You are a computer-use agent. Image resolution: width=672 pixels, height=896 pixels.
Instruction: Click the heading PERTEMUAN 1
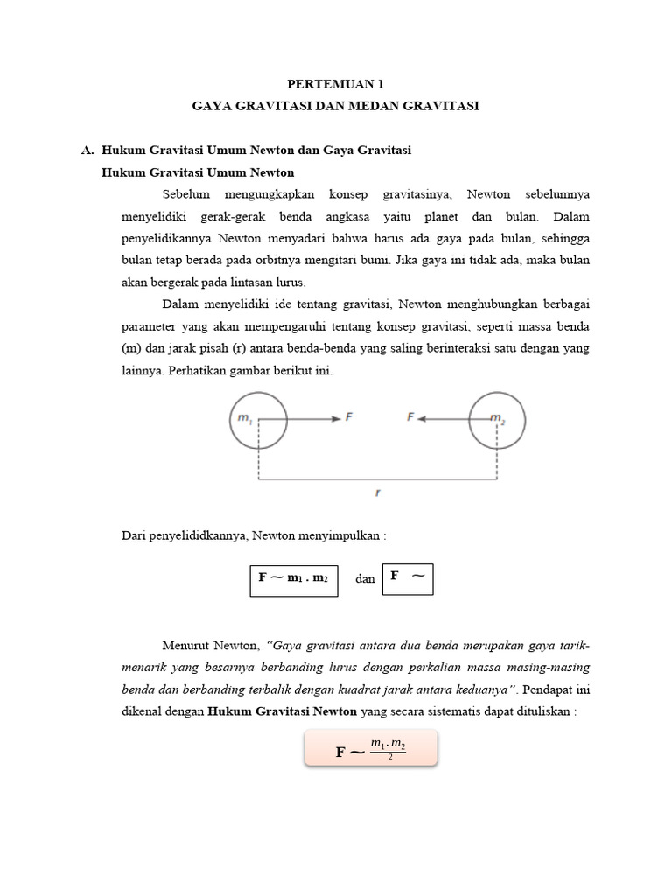click(336, 84)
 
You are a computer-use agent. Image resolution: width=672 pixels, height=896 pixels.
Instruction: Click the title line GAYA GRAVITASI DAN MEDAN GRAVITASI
click(336, 106)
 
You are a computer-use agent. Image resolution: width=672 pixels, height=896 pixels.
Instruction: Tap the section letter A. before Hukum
click(87, 150)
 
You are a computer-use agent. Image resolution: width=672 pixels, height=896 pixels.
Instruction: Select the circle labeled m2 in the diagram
click(498, 420)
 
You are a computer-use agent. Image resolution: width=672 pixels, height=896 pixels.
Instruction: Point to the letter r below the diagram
click(377, 493)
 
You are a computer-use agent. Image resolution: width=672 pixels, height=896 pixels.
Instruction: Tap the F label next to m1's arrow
click(349, 418)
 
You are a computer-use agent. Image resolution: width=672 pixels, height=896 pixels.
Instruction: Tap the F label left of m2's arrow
click(409, 418)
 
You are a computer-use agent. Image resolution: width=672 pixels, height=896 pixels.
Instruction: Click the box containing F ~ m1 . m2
click(294, 578)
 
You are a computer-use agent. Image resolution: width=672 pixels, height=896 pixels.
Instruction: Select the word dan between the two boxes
click(365, 578)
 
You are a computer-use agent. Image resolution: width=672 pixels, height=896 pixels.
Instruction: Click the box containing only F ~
click(408, 577)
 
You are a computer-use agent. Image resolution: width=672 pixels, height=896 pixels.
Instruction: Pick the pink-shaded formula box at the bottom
click(370, 750)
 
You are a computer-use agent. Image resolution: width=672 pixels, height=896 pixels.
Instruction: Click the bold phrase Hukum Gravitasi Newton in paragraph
click(282, 711)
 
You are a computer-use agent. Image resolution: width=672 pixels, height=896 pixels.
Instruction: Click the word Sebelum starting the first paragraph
click(185, 194)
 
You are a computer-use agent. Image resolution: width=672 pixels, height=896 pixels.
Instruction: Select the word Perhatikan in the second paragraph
click(188, 370)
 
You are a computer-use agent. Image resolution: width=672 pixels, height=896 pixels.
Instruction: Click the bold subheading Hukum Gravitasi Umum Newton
click(198, 172)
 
